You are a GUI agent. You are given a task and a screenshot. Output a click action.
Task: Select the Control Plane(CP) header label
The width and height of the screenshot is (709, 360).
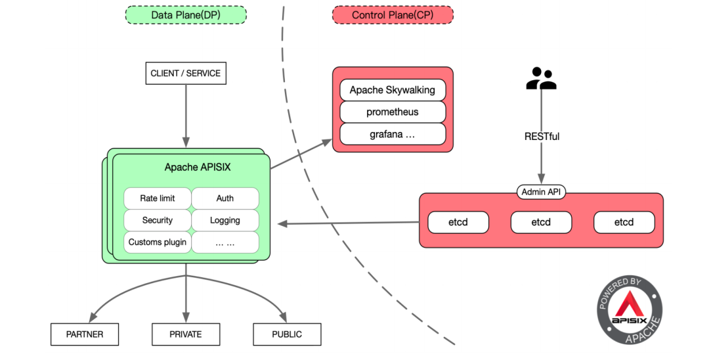pyautogui.click(x=393, y=15)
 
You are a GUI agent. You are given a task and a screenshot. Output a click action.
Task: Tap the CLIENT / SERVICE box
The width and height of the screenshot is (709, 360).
pyautogui.click(x=186, y=74)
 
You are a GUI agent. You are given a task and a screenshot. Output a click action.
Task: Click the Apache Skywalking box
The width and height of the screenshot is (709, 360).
pyautogui.click(x=393, y=90)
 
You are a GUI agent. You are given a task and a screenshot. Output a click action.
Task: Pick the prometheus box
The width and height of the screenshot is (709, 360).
pyautogui.click(x=393, y=112)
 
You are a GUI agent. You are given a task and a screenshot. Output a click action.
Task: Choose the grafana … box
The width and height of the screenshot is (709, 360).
pyautogui.click(x=393, y=134)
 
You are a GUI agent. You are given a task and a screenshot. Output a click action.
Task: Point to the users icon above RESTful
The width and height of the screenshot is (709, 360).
pyautogui.click(x=542, y=79)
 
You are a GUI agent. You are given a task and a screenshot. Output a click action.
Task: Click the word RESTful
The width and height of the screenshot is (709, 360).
pyautogui.click(x=542, y=137)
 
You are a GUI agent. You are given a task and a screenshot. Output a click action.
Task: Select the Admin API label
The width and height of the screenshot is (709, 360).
pyautogui.click(x=542, y=192)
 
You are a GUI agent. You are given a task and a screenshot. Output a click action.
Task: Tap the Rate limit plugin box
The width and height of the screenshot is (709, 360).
pyautogui.click(x=158, y=198)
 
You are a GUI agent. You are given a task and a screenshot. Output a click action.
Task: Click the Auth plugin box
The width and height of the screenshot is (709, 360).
pyautogui.click(x=225, y=198)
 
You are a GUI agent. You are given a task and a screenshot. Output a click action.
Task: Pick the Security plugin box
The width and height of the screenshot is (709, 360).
pyautogui.click(x=158, y=220)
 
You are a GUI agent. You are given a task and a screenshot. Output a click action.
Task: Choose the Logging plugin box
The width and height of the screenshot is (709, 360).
pyautogui.click(x=225, y=220)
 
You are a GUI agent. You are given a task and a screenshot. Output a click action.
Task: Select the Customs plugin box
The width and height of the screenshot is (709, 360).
pyautogui.click(x=158, y=242)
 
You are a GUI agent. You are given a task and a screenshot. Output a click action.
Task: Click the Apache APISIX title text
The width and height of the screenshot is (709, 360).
pyautogui.click(x=197, y=168)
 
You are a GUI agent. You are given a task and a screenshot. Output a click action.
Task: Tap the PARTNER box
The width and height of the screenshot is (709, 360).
pyautogui.click(x=85, y=334)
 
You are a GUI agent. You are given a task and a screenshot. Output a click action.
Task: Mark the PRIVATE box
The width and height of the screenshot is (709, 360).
pyautogui.click(x=186, y=334)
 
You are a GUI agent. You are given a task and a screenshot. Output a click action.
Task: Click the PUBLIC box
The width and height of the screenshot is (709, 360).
pyautogui.click(x=287, y=334)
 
